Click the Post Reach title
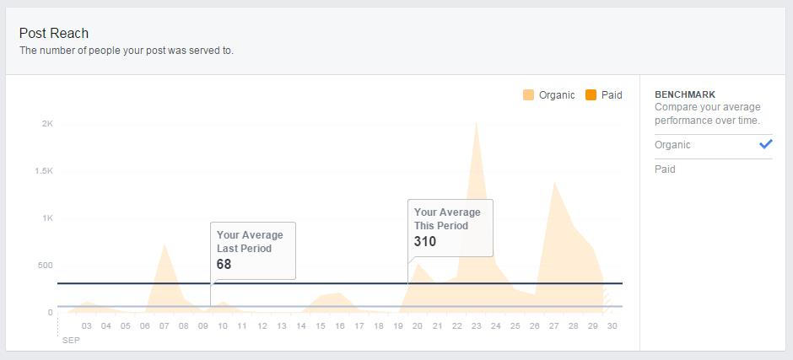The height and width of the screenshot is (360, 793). point(54,33)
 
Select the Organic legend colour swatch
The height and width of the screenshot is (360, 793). point(528,95)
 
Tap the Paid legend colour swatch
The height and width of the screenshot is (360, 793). point(591,95)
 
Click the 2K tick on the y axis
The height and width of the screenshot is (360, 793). point(47,124)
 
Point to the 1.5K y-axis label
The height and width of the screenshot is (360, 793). point(43,171)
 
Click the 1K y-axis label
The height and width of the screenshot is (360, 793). point(47,218)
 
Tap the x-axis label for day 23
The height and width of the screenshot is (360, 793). point(477,326)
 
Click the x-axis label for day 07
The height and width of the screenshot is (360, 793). point(165,326)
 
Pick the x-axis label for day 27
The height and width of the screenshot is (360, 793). point(554,326)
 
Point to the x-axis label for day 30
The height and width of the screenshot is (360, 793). point(612,326)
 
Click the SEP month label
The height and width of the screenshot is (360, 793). point(70,340)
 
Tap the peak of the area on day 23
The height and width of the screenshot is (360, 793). point(477,123)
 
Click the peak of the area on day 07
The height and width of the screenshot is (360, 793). point(165,245)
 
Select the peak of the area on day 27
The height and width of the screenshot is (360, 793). point(554,182)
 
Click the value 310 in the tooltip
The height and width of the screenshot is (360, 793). point(425,242)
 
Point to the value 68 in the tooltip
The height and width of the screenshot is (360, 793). point(224,265)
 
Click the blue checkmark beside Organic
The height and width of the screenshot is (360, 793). point(765,144)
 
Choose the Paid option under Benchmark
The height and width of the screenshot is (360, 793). point(665,169)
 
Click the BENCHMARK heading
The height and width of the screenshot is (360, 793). point(685,95)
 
